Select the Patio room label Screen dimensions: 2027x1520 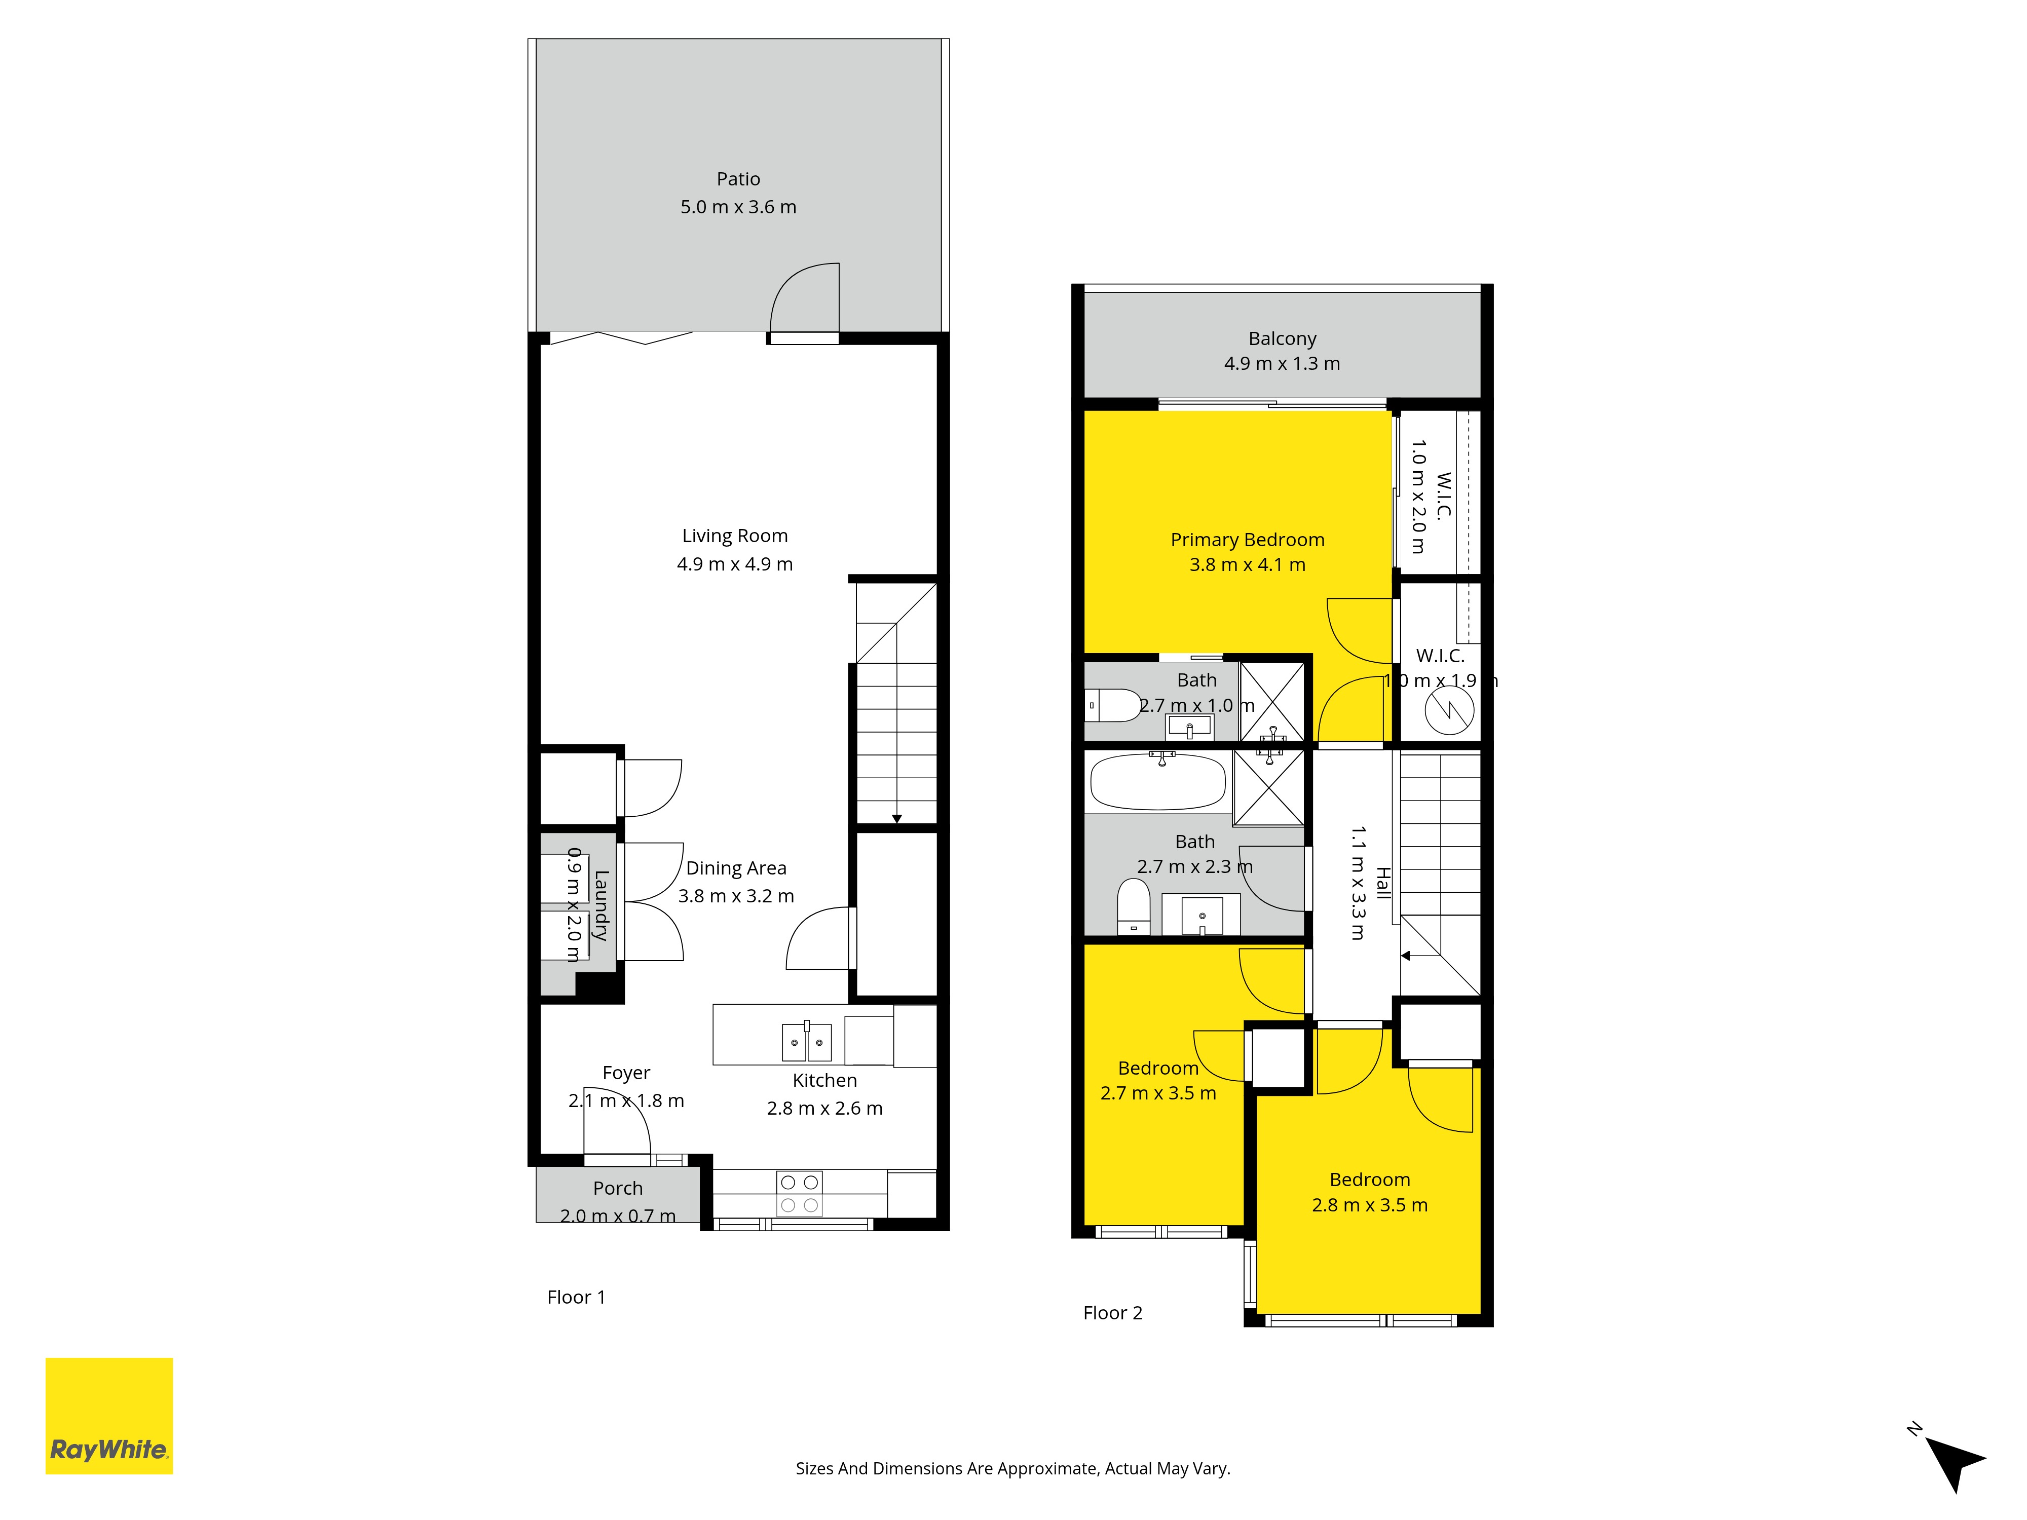tap(739, 179)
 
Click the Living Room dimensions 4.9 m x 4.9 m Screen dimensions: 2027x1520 tap(735, 564)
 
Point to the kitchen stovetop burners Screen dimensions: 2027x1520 tap(799, 1194)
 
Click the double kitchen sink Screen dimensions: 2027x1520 tap(806, 1042)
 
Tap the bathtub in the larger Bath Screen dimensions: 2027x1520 tap(1158, 781)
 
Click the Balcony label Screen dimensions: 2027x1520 tap(1282, 339)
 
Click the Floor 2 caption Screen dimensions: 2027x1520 tap(1112, 1313)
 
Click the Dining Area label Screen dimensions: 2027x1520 tap(736, 867)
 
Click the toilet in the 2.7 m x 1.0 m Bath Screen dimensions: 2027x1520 tap(1112, 705)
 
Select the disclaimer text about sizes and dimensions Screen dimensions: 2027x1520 tap(1012, 1469)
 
